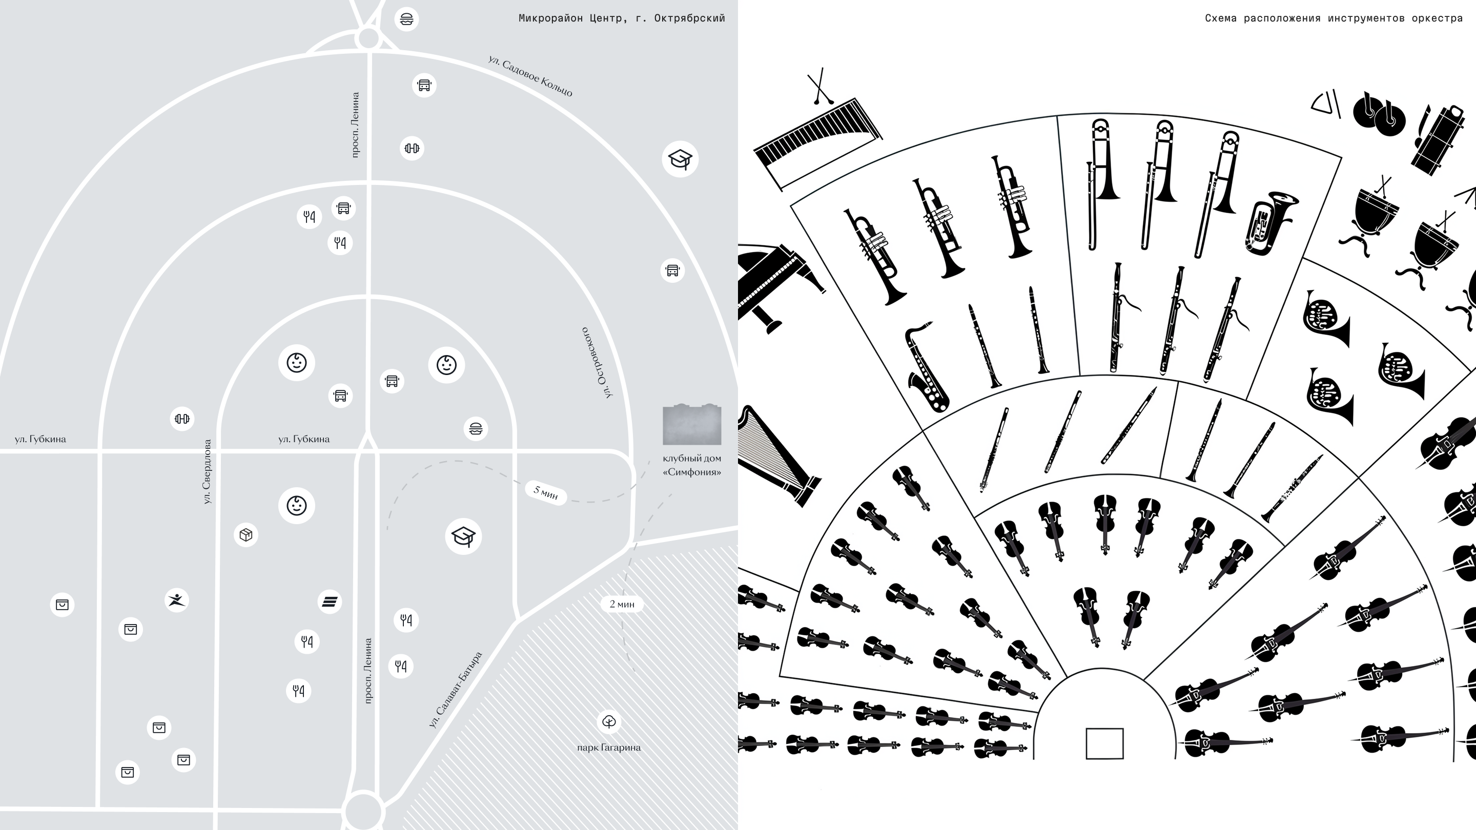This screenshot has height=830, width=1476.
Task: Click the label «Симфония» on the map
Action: click(x=691, y=472)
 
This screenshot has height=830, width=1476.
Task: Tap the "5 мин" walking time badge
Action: click(x=545, y=492)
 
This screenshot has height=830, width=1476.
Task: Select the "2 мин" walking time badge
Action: click(x=622, y=604)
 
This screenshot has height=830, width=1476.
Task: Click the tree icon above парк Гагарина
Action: click(x=609, y=722)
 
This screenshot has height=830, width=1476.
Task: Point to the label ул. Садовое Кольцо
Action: click(x=530, y=76)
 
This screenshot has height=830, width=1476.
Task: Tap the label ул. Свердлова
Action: click(x=207, y=471)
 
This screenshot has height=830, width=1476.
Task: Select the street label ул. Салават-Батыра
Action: click(x=456, y=690)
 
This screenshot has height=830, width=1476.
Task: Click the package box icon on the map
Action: click(x=246, y=535)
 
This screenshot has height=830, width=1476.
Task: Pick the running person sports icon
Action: click(x=176, y=600)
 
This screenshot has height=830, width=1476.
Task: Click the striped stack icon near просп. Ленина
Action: click(x=330, y=601)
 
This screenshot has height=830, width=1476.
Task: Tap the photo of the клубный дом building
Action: click(x=691, y=424)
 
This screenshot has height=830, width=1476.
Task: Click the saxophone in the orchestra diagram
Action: click(x=924, y=367)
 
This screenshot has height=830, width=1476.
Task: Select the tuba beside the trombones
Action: click(x=1271, y=222)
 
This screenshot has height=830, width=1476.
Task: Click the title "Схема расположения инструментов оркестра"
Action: click(x=1334, y=18)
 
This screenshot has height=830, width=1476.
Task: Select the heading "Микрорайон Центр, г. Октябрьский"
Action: click(x=622, y=18)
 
